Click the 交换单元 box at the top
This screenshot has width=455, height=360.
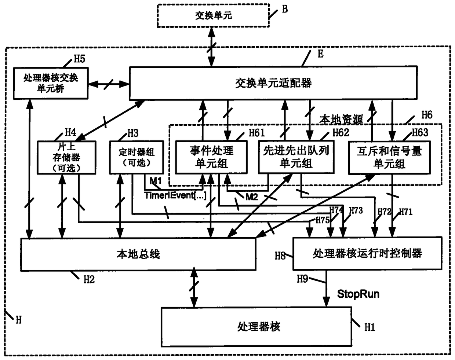[213, 16]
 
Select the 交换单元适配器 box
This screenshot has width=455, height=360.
[273, 83]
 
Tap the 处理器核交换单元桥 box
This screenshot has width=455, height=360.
[51, 83]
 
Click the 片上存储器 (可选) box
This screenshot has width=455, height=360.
[66, 157]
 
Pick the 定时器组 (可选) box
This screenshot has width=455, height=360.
[136, 157]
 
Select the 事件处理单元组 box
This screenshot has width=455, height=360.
[211, 157]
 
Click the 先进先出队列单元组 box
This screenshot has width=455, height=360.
[296, 157]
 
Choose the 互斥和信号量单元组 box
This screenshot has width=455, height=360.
[389, 157]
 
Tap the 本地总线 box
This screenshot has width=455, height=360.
[138, 254]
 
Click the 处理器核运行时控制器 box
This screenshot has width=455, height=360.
[367, 253]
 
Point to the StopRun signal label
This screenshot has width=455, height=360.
[358, 294]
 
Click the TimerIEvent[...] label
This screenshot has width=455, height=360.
[175, 195]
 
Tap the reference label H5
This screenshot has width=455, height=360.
[79, 59]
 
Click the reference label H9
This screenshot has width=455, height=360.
[302, 279]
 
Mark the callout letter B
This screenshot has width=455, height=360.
[285, 9]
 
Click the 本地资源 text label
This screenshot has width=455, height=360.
[341, 120]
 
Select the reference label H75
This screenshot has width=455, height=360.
[323, 220]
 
